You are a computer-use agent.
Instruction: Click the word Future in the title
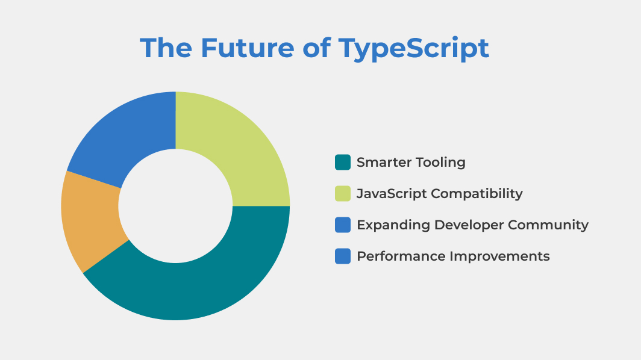coord(248,48)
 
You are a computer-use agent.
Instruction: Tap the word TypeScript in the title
coord(414,49)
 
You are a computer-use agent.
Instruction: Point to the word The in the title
coord(166,48)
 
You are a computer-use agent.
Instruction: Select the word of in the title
coord(316,48)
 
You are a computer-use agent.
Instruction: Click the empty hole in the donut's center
coord(175,206)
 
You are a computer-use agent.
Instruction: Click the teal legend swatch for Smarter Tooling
coord(343,162)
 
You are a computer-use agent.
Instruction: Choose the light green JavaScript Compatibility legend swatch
coord(343,194)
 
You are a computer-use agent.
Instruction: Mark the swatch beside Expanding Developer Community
coord(343,225)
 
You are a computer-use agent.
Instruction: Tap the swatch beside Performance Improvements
coord(343,256)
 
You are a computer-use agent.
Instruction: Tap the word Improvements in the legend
coord(499,256)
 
